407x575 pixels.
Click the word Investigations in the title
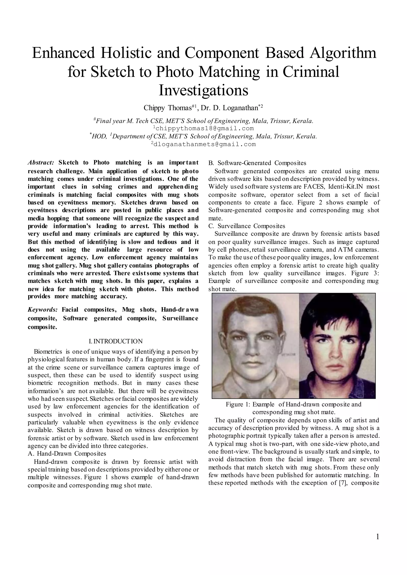tap(203, 91)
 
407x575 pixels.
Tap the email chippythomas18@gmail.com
tap(203, 128)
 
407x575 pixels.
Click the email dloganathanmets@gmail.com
tap(203, 144)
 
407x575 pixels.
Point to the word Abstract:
tap(41, 163)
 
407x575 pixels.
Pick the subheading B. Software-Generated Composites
tap(257, 163)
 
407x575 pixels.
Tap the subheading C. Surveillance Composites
tap(247, 226)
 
